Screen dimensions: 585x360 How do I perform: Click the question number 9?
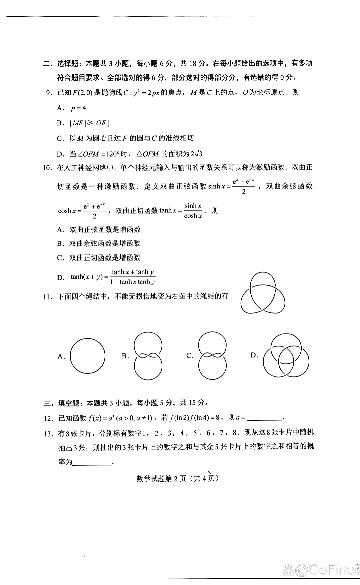[49, 93]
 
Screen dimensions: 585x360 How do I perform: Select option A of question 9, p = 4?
[78, 108]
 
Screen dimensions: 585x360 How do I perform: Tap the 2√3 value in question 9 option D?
[197, 154]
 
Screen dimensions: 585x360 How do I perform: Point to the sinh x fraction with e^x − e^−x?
[243, 186]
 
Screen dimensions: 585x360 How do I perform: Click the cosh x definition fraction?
[94, 211]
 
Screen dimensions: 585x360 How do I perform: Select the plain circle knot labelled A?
[88, 355]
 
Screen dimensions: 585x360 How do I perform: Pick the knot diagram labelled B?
[148, 355]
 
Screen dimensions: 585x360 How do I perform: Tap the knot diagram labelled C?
[212, 355]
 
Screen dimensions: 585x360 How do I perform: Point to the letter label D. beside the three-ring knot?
[254, 355]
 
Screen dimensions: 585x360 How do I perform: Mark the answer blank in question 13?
[93, 462]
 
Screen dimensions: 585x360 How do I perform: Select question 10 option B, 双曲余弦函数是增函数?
[105, 244]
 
